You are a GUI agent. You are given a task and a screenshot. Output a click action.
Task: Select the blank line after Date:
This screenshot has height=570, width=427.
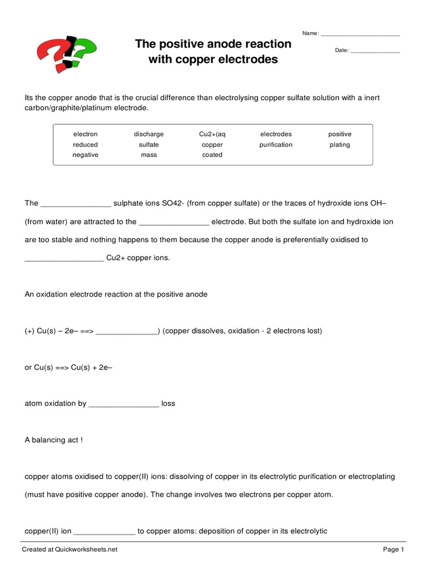coord(375,51)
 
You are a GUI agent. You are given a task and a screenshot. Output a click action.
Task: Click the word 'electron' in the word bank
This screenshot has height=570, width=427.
coord(85,134)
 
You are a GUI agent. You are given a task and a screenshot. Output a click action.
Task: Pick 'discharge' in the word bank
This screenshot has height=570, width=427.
coord(148,134)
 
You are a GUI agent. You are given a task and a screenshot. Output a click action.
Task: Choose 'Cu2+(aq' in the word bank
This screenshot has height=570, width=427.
coord(212,134)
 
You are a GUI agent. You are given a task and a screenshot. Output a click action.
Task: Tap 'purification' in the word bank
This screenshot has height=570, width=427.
coord(276,145)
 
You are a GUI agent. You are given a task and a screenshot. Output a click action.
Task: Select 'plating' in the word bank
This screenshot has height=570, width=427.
coord(340,145)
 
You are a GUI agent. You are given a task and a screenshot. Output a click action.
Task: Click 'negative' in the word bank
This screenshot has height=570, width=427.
coord(85,155)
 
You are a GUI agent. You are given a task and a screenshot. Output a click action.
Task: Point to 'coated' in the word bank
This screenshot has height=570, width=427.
coord(212,155)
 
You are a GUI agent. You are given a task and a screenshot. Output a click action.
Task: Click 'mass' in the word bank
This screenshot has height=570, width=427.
coord(148,155)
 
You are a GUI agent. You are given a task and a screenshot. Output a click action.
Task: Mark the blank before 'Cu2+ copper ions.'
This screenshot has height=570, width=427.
coord(64,259)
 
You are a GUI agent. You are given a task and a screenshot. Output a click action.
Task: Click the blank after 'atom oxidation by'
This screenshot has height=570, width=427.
coord(123,404)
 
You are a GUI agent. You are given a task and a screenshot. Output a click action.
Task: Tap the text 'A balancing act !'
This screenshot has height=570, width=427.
coord(54,440)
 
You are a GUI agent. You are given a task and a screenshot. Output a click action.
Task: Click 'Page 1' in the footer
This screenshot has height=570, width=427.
coord(393,550)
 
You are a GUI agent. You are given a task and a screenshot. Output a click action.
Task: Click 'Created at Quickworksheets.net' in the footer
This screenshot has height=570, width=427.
coord(69,550)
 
